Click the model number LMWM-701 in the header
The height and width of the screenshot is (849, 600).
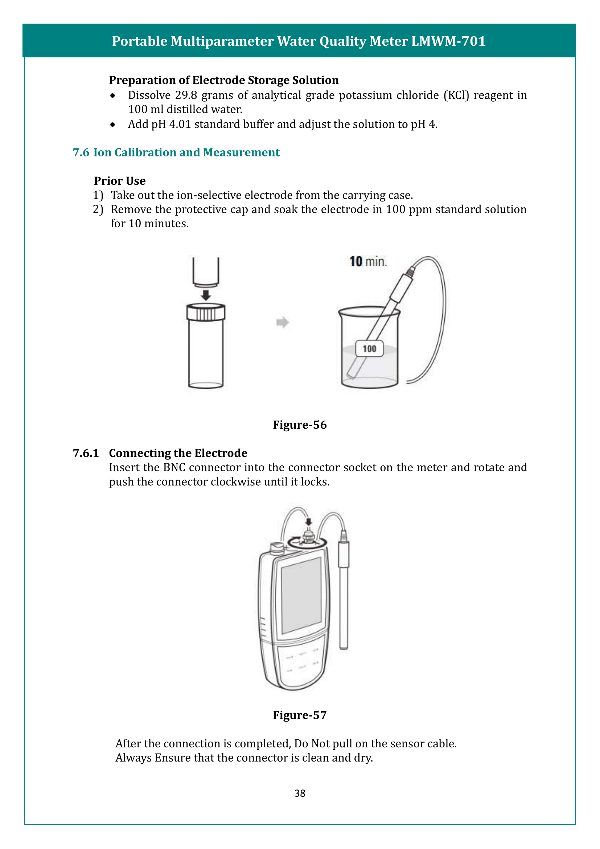(448, 41)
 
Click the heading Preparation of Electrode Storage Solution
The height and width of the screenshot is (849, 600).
(223, 80)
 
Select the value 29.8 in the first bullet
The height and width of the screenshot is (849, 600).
(186, 95)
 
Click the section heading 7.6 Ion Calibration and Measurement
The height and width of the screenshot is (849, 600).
(176, 152)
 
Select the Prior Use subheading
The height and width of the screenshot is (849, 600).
(120, 181)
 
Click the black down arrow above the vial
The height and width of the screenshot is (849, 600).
(206, 295)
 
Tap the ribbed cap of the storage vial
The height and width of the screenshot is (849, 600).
(206, 313)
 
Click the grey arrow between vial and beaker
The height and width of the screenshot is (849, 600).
(282, 322)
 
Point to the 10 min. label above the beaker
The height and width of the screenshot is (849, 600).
(368, 261)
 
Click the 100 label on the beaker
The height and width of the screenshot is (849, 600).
(369, 349)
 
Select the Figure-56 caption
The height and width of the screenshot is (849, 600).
(300, 425)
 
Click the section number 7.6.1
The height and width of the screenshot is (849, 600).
(86, 453)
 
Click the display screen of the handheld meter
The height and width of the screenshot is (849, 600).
(301, 595)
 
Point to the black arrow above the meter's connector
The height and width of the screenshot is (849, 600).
(309, 521)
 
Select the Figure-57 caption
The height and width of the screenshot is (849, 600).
(300, 715)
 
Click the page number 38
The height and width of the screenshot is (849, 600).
(300, 793)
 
